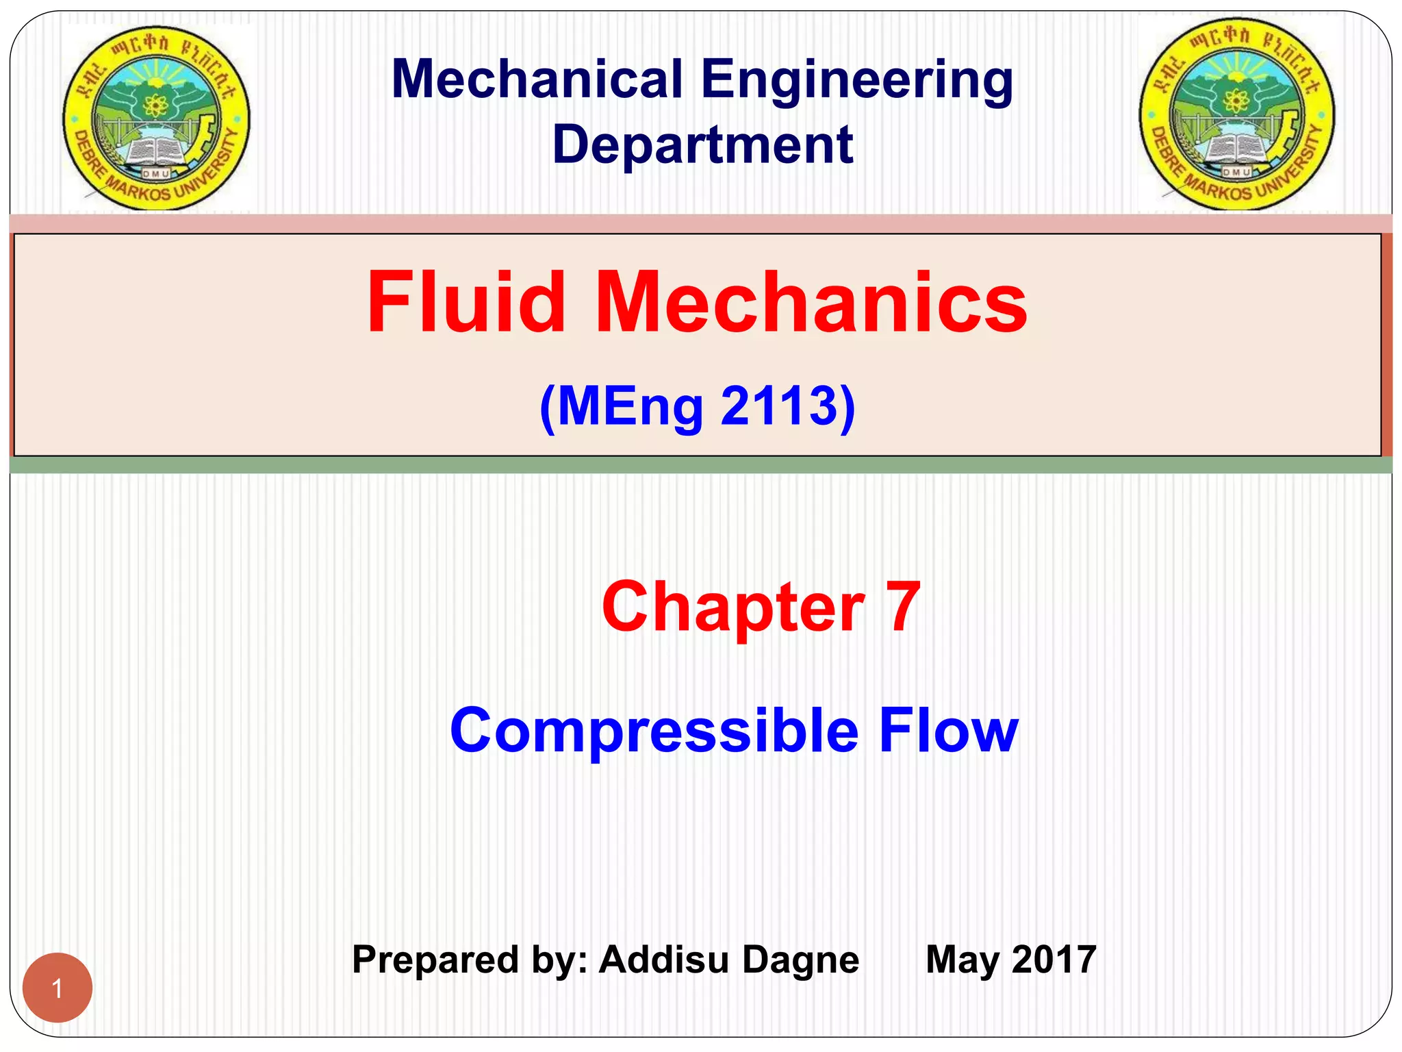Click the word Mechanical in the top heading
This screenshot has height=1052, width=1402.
[x=537, y=79]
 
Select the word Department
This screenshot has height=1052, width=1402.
[x=702, y=145]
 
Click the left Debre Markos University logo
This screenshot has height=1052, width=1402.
[x=157, y=118]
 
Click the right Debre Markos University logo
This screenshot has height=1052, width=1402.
[x=1236, y=114]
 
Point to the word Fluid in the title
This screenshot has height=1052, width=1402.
[x=466, y=302]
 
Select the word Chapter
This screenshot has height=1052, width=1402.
[x=733, y=607]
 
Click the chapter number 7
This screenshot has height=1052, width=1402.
[x=903, y=607]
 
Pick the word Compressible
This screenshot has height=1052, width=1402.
[x=654, y=731]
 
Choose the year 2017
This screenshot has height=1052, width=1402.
[x=1054, y=960]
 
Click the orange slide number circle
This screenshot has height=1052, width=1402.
[x=58, y=988]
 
